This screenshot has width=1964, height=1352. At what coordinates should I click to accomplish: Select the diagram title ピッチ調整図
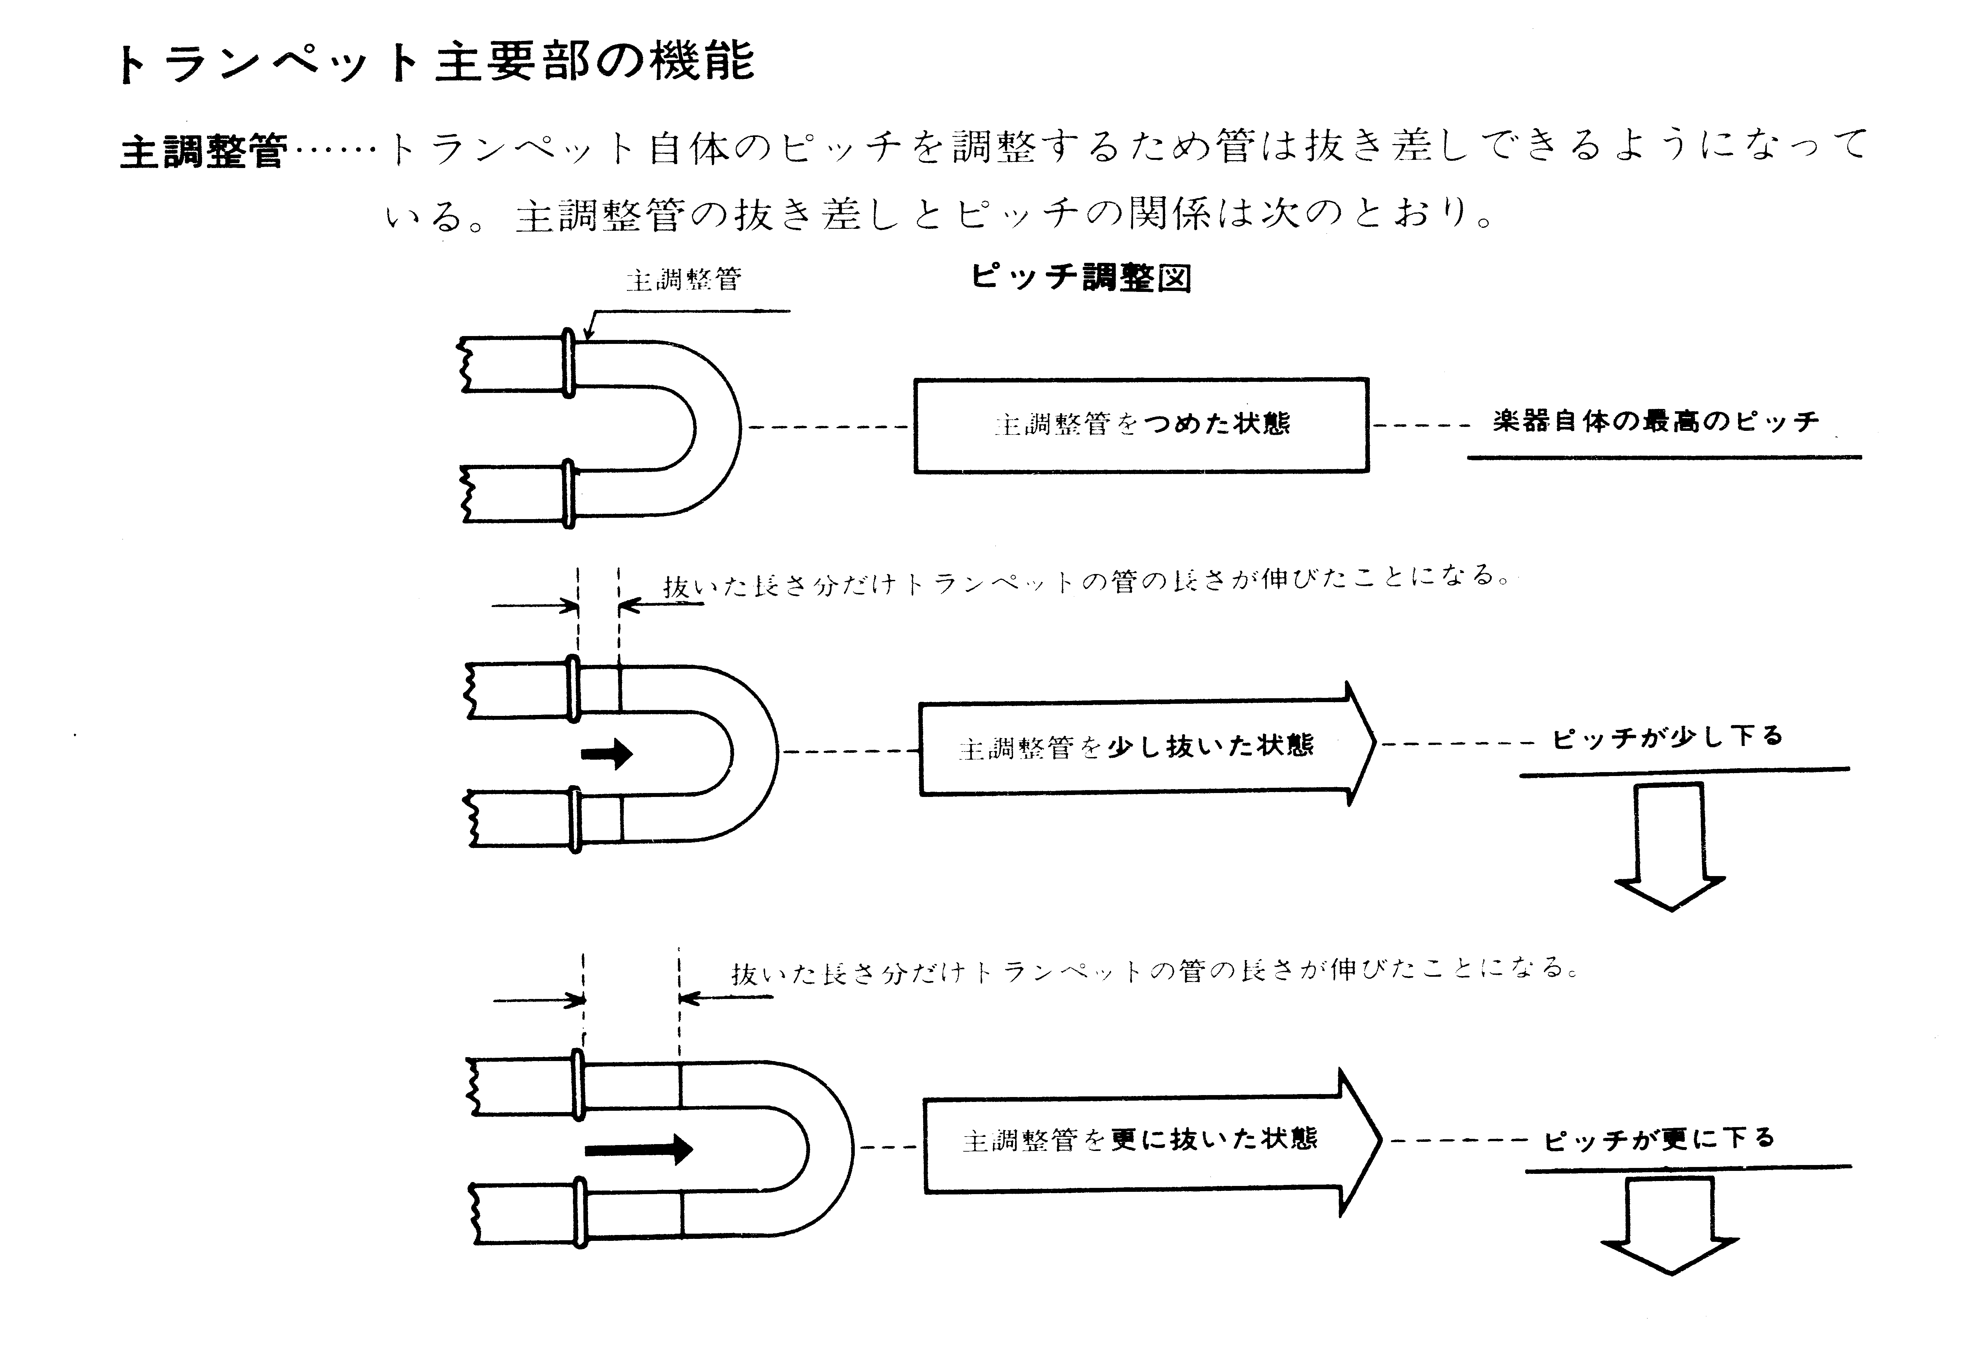click(1081, 277)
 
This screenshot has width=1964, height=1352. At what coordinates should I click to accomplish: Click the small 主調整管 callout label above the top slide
click(683, 279)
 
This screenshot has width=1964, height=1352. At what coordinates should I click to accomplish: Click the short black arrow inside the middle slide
click(607, 752)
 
